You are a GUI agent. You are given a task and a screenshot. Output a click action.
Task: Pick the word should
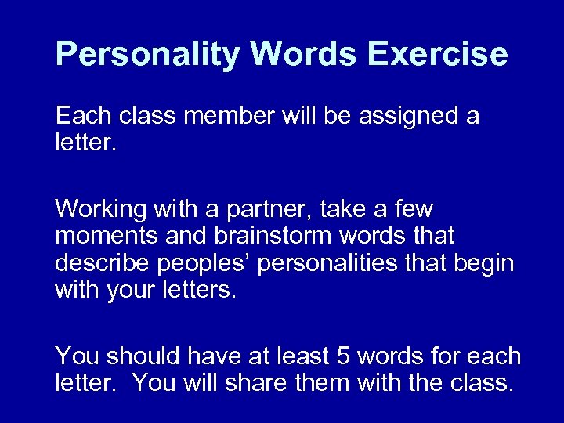[136, 356]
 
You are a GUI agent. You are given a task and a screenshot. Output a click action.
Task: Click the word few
[411, 211]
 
